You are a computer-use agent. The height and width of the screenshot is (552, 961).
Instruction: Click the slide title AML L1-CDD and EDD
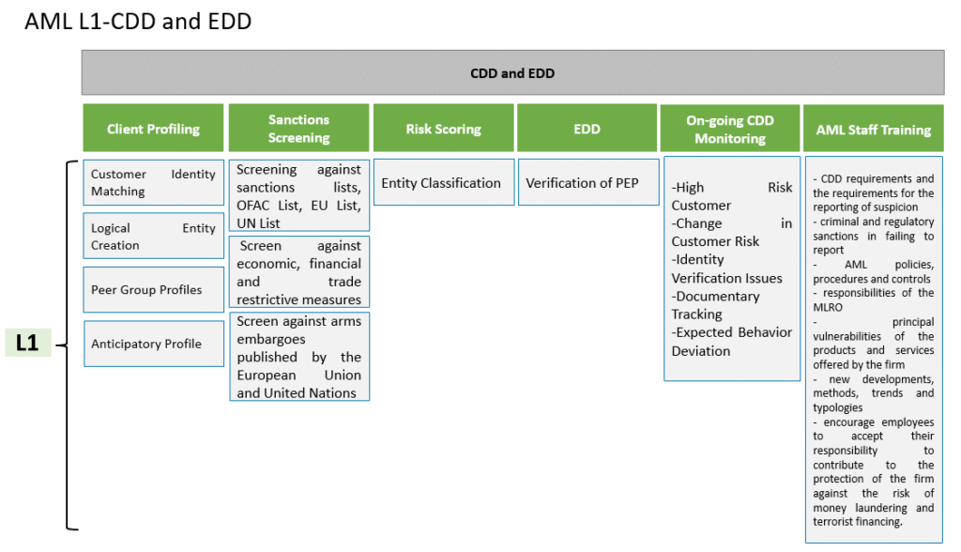[138, 22]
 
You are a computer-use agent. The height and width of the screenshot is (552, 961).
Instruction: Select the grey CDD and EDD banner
[512, 73]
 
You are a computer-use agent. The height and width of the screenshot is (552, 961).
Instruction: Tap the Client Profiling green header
[153, 129]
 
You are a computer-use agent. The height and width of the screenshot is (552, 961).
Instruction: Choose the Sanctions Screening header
[298, 129]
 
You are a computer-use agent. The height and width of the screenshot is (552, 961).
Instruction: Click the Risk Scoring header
[443, 129]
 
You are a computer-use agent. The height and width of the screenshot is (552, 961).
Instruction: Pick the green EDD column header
[587, 129]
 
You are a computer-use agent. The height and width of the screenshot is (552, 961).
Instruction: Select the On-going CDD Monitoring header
[730, 129]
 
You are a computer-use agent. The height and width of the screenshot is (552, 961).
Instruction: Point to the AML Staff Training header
[874, 129]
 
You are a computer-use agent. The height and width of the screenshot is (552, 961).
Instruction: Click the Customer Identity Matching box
[153, 182]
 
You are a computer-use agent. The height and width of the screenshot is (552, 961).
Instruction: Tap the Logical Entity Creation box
[153, 237]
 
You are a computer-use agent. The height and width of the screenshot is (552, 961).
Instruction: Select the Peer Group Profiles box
[153, 289]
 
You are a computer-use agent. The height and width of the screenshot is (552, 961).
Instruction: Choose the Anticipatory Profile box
[153, 344]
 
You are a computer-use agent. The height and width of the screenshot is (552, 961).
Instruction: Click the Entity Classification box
[444, 182]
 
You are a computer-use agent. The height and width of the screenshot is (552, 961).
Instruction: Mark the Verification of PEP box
[588, 182]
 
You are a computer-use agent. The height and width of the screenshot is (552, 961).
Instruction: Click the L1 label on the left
[27, 343]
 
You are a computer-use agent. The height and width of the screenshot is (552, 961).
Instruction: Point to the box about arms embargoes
[299, 357]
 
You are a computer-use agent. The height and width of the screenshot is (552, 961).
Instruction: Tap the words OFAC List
[269, 206]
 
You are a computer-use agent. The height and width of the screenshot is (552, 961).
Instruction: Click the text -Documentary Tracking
[715, 305]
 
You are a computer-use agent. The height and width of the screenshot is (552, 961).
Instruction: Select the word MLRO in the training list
[828, 307]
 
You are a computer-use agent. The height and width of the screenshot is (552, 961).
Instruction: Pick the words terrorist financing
[858, 521]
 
